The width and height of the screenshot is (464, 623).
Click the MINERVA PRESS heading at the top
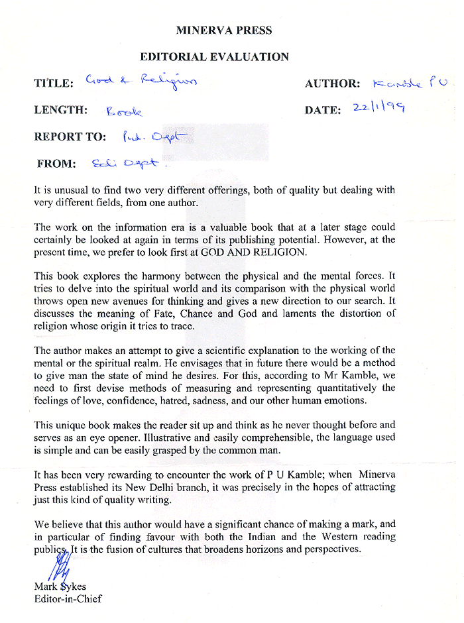click(x=223, y=30)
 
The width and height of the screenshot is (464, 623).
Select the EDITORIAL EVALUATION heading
click(x=214, y=57)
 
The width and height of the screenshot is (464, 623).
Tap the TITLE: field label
click(x=53, y=84)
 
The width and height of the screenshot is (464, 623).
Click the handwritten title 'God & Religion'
click(x=141, y=82)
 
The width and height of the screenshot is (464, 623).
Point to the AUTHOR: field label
click(x=332, y=84)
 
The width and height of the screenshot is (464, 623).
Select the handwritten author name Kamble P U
click(x=410, y=83)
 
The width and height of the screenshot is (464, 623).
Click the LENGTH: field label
click(x=60, y=110)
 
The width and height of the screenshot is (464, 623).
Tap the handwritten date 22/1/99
click(x=378, y=107)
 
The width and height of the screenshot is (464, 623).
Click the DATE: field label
click(x=323, y=110)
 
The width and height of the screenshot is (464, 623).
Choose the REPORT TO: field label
click(x=70, y=137)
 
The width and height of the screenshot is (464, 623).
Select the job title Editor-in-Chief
click(x=68, y=599)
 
